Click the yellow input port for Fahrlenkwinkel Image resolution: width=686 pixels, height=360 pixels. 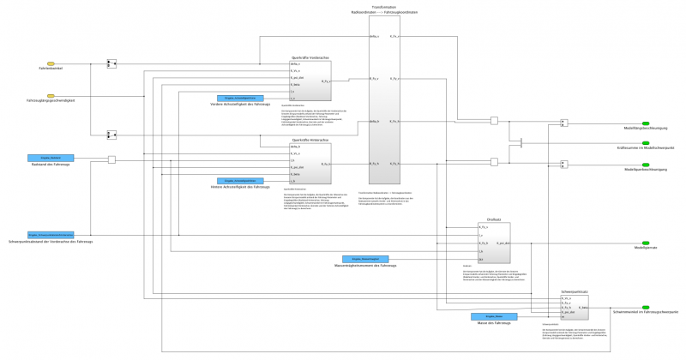(x=51, y=63)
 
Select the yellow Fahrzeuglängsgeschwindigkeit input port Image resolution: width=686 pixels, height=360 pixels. (x=51, y=97)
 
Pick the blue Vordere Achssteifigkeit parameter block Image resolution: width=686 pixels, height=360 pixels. (x=233, y=99)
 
